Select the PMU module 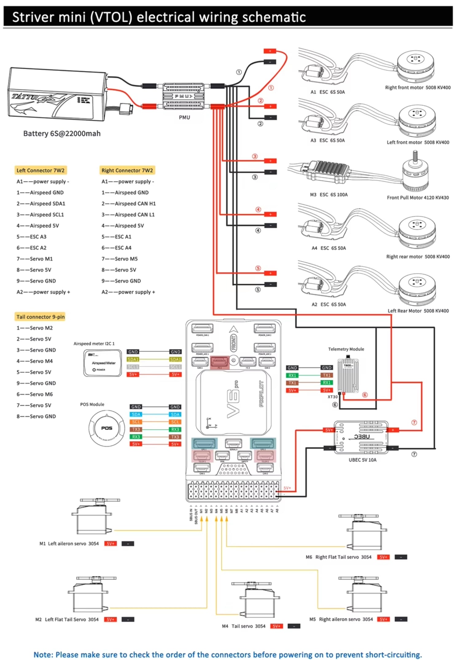184,96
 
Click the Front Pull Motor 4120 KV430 415,173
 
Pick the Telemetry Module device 348,376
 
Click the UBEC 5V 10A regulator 361,437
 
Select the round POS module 107,428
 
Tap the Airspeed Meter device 102,363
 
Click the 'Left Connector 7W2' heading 41,170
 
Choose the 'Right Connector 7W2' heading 127,170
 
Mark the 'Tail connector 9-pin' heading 41,317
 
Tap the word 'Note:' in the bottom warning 44,654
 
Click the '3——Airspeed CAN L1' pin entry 128,214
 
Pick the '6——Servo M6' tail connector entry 35,394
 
